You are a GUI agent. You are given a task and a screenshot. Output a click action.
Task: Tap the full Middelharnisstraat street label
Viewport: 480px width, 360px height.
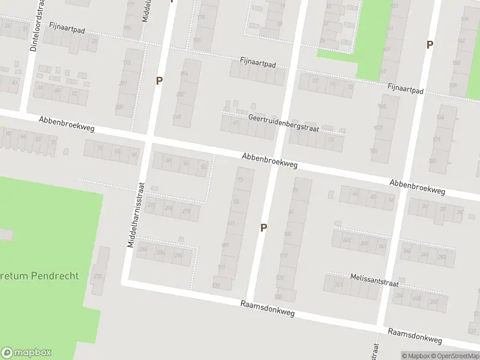(134, 215)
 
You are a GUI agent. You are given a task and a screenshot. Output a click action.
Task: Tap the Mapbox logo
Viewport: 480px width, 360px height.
(26, 353)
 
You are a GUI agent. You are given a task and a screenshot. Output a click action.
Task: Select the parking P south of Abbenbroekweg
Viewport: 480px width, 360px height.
(263, 227)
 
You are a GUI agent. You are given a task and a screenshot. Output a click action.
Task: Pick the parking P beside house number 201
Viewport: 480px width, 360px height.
(159, 80)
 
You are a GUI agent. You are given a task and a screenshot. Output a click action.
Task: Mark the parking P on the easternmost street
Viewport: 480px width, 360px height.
(429, 44)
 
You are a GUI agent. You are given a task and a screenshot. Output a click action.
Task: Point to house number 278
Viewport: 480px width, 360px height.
(187, 211)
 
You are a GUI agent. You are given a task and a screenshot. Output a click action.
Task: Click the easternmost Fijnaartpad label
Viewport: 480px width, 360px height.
(405, 89)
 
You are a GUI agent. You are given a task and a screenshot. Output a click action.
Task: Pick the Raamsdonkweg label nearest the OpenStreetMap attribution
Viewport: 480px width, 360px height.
(415, 336)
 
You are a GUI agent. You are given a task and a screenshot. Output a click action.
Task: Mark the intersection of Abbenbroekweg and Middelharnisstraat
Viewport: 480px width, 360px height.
(146, 140)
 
